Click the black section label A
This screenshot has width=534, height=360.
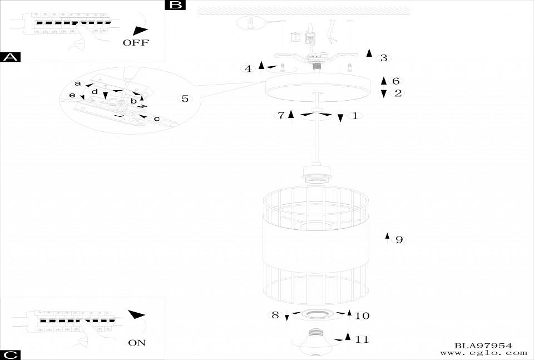pyautogui.click(x=11, y=57)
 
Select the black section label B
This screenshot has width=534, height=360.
pyautogui.click(x=175, y=5)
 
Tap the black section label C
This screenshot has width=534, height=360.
pyautogui.click(x=11, y=354)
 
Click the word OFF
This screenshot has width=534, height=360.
pyautogui.click(x=136, y=43)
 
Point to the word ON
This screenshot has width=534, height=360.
pyautogui.click(x=136, y=343)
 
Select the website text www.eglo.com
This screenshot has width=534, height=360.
pyautogui.click(x=483, y=353)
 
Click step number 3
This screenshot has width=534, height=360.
pyautogui.click(x=383, y=58)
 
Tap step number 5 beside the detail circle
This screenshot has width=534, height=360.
pyautogui.click(x=185, y=99)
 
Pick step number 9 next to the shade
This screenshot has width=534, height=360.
pyautogui.click(x=399, y=240)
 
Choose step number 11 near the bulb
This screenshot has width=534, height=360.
pyautogui.click(x=362, y=339)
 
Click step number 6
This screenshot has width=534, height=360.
pyautogui.click(x=395, y=81)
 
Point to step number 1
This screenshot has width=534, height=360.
pyautogui.click(x=354, y=116)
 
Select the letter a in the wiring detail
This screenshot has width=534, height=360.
pyautogui.click(x=78, y=83)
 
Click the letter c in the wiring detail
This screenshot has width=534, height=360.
pyautogui.click(x=156, y=119)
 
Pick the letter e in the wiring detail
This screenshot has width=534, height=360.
pyautogui.click(x=72, y=96)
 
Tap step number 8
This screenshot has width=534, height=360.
pyautogui.click(x=275, y=315)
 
